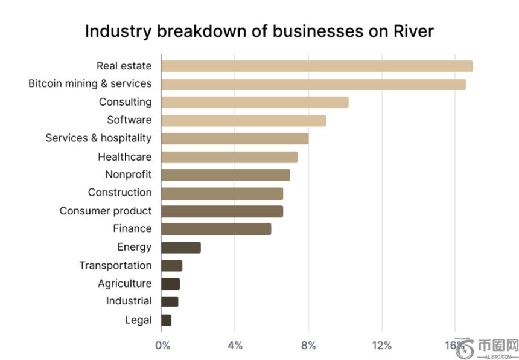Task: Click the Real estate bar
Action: pos(317,66)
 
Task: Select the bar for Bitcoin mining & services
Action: pos(313,84)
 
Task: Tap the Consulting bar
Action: pos(255,102)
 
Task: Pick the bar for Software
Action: pos(244,120)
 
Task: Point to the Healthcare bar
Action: pos(229,157)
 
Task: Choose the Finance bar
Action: pos(216,229)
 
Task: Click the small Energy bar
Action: pos(181,247)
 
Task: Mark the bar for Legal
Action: pos(167,320)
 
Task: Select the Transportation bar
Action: pos(172,265)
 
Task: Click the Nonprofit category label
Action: pos(128,175)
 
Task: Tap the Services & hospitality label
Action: pos(98,138)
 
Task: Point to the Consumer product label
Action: pos(106,211)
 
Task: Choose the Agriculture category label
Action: pos(125,283)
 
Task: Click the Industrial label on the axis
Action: pos(129,301)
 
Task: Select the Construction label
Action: pos(120,193)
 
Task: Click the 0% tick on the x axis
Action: pos(162,346)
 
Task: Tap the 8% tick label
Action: pos(308,346)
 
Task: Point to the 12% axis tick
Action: pos(382,346)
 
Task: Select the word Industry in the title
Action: pos(118,31)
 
